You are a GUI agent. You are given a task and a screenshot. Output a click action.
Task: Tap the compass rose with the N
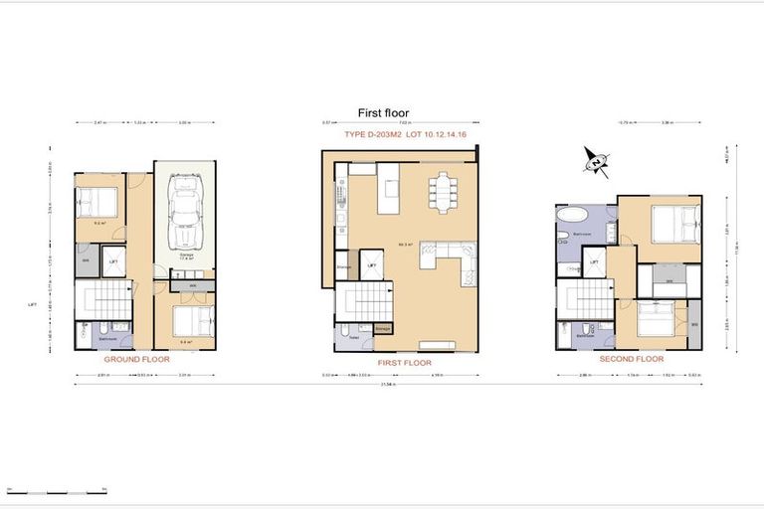point(596,161)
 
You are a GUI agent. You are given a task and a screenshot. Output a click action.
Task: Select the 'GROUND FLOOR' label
point(137,357)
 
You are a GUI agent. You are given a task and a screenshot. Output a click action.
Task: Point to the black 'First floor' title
point(383,113)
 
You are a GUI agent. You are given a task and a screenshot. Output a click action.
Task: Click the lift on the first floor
point(372,265)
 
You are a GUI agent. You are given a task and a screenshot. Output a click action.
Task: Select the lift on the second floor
point(595,264)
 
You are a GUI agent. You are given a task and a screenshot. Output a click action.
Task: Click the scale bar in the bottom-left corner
point(56,491)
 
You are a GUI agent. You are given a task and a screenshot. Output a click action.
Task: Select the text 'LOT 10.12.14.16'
point(431,133)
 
